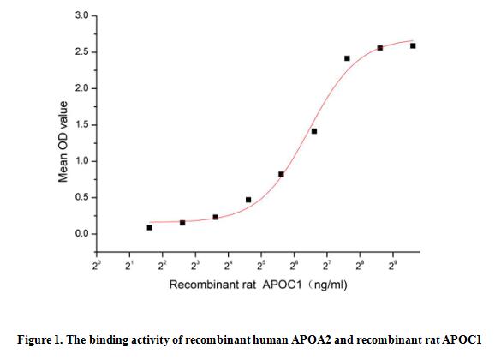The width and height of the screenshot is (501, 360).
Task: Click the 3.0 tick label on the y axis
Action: (x=78, y=16)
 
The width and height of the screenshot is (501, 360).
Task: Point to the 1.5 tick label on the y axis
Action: (x=78, y=125)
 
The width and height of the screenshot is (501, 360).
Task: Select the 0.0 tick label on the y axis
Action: (x=78, y=234)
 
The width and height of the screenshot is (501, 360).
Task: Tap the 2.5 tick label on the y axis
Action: (x=78, y=52)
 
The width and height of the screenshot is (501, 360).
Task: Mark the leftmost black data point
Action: (x=150, y=227)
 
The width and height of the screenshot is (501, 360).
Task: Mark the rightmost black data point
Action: (x=413, y=45)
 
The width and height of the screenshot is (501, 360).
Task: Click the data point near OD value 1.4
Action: (x=314, y=131)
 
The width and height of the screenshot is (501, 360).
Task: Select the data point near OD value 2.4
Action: (x=347, y=58)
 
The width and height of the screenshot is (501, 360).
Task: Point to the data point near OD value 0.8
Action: (x=281, y=174)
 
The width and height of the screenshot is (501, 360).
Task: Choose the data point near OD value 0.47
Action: (x=248, y=200)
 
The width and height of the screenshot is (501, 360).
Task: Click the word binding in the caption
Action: (x=113, y=338)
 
